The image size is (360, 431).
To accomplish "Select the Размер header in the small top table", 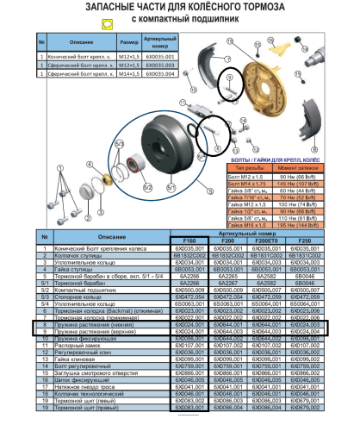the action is click(x=129, y=41).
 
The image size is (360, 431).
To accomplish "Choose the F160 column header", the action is click(x=190, y=242).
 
